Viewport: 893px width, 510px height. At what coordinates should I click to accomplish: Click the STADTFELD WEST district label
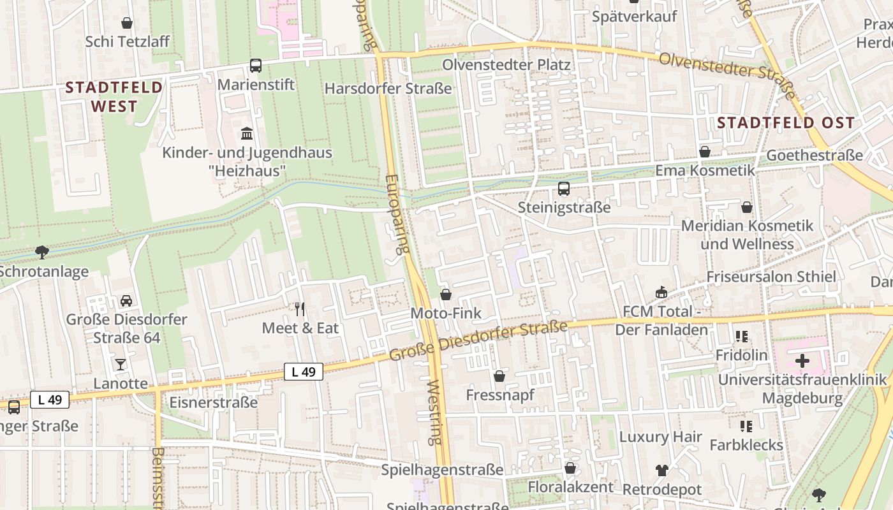pos(114,97)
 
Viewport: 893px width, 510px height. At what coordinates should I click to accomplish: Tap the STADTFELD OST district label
pos(785,123)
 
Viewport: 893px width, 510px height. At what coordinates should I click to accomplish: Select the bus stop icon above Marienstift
pos(256,65)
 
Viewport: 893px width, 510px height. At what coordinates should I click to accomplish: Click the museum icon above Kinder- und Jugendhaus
pos(247,133)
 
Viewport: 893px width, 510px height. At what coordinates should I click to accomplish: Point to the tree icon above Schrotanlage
pos(42,252)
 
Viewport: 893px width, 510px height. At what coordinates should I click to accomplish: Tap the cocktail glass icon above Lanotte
pos(121,364)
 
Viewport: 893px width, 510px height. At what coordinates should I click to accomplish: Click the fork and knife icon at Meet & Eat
pos(300,309)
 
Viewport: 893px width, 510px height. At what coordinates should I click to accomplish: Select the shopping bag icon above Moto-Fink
pos(446,294)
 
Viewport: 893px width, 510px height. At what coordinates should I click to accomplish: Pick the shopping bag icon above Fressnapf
pos(499,376)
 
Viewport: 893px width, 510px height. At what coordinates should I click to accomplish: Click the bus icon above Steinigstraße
pos(564,188)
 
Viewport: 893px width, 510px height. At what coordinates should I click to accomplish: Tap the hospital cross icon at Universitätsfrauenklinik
pos(802,361)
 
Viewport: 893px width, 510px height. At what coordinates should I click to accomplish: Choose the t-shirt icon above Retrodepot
pos(661,470)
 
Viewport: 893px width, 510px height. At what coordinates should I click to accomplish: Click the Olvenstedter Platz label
pos(506,65)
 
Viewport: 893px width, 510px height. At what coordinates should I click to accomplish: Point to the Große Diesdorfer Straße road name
pos(478,341)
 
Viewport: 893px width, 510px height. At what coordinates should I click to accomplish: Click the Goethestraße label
pos(815,155)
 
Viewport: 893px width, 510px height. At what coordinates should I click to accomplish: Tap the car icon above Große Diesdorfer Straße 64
pos(126,300)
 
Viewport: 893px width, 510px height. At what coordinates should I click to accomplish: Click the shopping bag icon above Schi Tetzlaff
pos(127,23)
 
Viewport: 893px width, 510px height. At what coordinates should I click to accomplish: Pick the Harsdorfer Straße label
pos(388,89)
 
